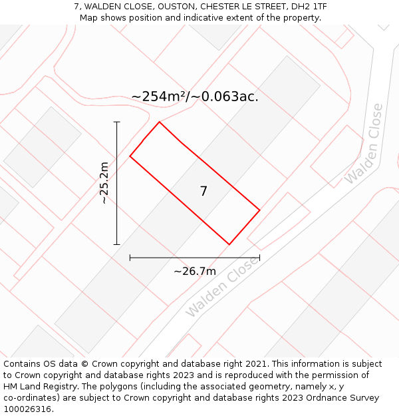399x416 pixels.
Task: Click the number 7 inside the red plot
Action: [203, 192]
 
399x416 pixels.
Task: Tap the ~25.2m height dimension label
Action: [104, 183]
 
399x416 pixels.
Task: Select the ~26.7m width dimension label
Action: [195, 272]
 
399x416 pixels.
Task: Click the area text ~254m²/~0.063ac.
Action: [195, 97]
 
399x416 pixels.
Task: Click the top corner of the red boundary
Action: [159, 122]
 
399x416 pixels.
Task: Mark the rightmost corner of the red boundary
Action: [259, 210]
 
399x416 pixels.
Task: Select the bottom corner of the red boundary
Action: [229, 244]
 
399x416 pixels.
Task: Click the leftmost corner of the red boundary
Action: [130, 156]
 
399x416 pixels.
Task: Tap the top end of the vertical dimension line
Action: [117, 122]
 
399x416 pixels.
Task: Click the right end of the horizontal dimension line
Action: [259, 258]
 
